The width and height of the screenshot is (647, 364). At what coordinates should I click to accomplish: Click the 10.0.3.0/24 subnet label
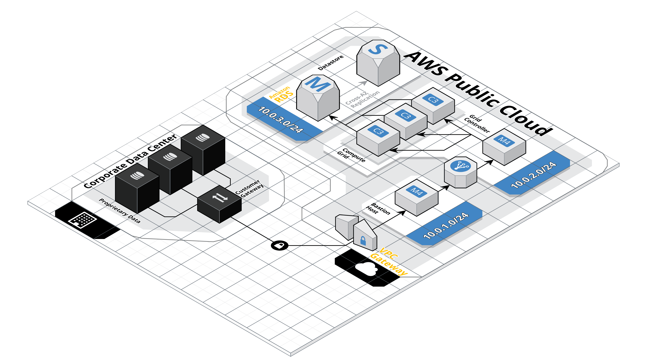pyautogui.click(x=281, y=120)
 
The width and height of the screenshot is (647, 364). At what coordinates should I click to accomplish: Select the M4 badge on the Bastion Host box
pyautogui.click(x=417, y=192)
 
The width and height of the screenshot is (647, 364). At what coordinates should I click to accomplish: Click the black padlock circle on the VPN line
pyautogui.click(x=280, y=245)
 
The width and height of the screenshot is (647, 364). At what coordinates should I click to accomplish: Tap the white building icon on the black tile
pyautogui.click(x=83, y=219)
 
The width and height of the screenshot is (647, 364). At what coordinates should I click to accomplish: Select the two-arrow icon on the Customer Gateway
pyautogui.click(x=220, y=198)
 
